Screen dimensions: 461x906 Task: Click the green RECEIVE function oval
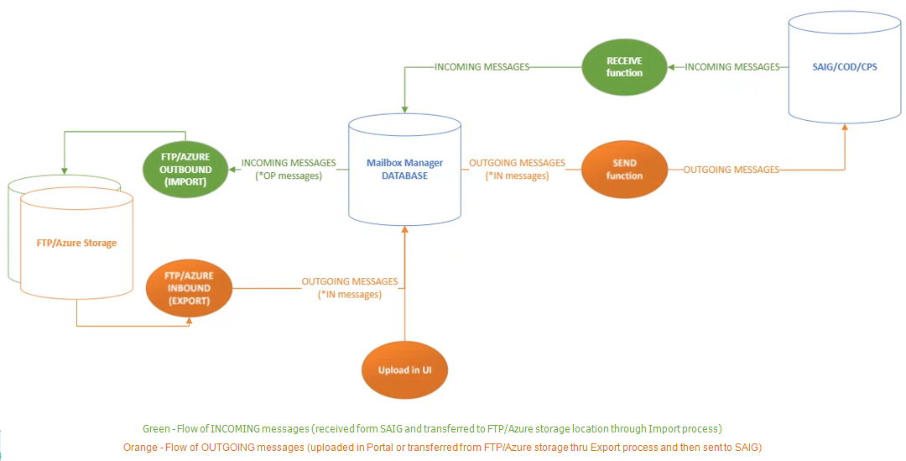(624, 66)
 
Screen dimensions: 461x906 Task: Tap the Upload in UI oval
(404, 369)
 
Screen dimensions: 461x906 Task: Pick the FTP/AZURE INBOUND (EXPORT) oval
(189, 287)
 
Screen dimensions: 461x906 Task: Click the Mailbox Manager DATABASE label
(404, 169)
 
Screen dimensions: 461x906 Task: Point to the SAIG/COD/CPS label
(845, 66)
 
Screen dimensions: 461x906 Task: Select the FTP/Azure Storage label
(76, 243)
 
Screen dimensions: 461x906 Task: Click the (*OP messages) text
(289, 175)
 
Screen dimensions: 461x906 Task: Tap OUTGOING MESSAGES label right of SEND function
(731, 170)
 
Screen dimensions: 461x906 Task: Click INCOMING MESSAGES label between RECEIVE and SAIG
(732, 66)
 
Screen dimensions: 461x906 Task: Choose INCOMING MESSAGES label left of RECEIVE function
(482, 66)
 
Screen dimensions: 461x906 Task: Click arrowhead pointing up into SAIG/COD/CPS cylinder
(845, 127)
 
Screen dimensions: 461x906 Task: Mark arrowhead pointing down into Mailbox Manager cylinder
(405, 107)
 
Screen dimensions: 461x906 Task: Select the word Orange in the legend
(140, 448)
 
